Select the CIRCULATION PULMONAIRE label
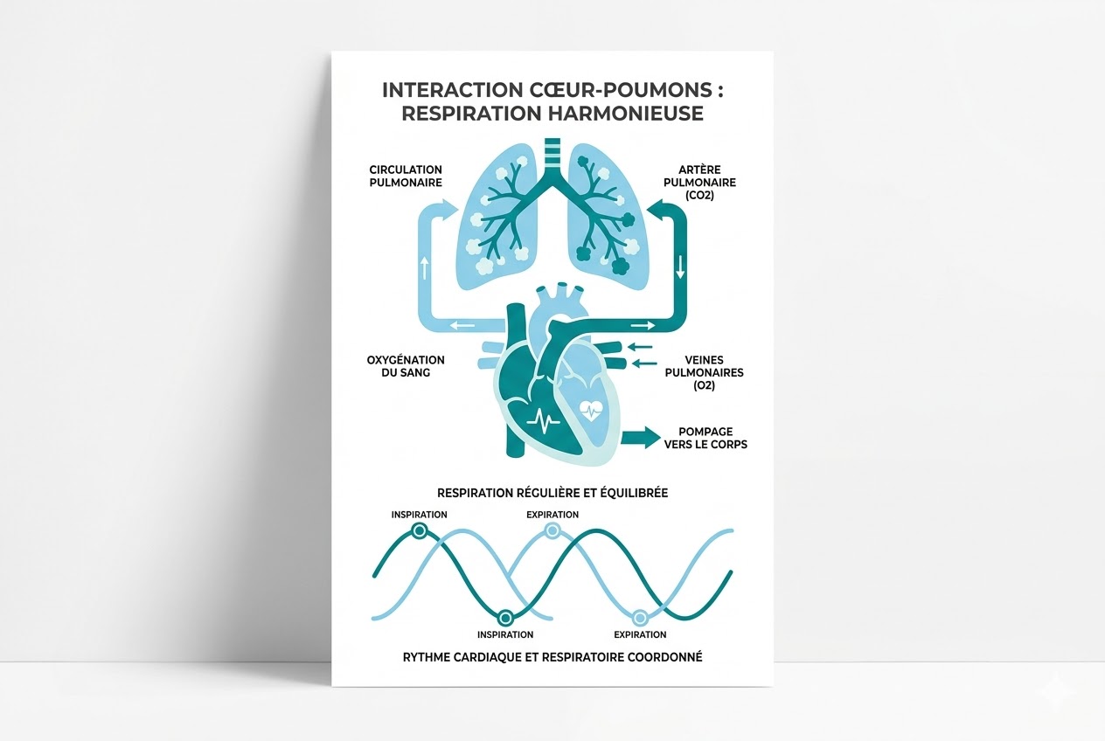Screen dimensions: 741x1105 click(406, 176)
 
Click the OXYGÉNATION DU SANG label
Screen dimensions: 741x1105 click(406, 366)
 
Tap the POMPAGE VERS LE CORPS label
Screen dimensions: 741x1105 click(712, 438)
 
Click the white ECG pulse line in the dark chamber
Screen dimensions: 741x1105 click(544, 420)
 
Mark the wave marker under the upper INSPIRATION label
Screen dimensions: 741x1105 click(420, 530)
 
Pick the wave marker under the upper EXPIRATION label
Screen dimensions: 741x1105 click(552, 530)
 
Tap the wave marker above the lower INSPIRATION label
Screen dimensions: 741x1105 click(505, 618)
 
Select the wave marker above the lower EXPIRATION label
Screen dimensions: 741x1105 click(640, 618)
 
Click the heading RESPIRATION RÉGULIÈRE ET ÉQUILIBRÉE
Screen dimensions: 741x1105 click(552, 493)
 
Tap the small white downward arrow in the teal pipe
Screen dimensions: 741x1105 click(680, 267)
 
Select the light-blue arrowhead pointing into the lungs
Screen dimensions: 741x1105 click(448, 211)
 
